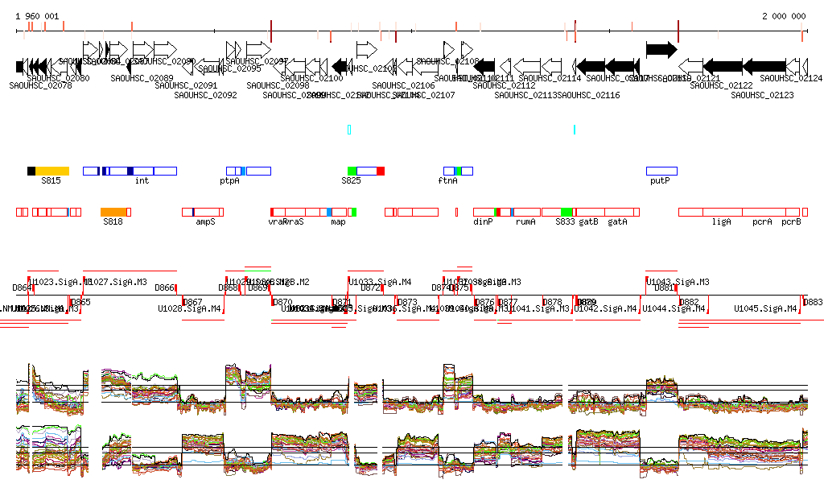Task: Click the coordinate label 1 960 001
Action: (37, 16)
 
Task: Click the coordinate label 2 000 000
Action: (784, 16)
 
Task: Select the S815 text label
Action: (51, 181)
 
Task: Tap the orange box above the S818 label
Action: (116, 212)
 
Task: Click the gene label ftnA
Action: (447, 181)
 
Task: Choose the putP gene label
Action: (660, 181)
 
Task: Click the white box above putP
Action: (661, 171)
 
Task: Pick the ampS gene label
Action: (206, 221)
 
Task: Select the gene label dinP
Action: (483, 221)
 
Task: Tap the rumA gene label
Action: (525, 221)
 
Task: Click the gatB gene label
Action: (588, 221)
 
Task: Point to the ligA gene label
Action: (721, 221)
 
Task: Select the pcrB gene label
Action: (791, 221)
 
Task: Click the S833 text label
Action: (566, 221)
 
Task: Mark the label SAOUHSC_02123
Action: (762, 95)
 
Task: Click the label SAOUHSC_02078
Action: (40, 85)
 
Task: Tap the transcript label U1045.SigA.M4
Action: (765, 308)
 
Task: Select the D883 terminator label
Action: (814, 301)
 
